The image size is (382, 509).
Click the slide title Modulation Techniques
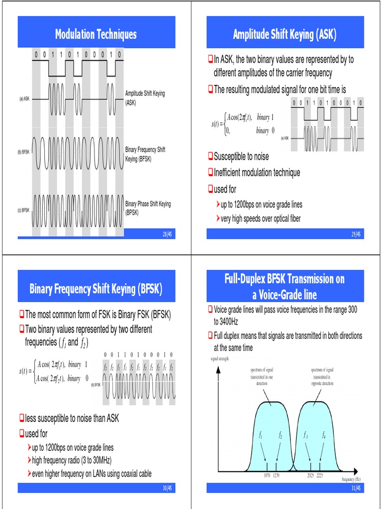[95, 34]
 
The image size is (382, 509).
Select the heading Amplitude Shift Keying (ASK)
[285, 34]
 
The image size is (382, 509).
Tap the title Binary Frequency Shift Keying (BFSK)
[95, 289]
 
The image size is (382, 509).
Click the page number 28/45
[167, 234]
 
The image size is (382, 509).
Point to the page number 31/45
[356, 489]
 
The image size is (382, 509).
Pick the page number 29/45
[356, 234]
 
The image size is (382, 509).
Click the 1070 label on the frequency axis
[267, 475]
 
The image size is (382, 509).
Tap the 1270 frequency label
[276, 475]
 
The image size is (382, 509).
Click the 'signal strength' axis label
[219, 358]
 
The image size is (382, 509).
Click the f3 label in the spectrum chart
[305, 435]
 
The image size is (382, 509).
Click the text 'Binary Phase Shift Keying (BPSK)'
[148, 208]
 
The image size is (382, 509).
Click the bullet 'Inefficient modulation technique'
[257, 172]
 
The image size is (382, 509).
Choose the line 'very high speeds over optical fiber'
[261, 218]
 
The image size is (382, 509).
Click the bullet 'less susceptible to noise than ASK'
[72, 419]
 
